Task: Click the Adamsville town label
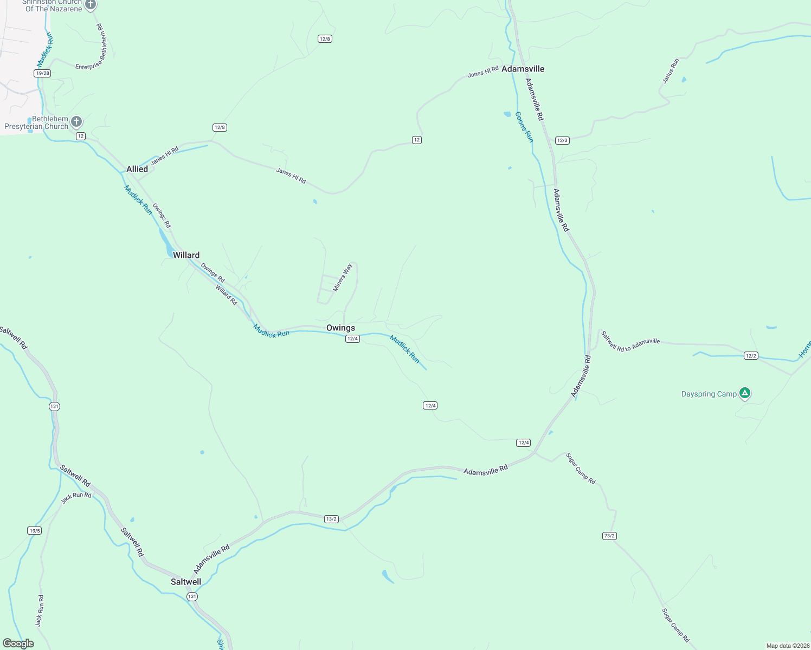(x=523, y=69)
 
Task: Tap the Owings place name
(x=340, y=328)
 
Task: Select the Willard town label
(x=186, y=255)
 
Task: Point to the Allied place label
(x=137, y=169)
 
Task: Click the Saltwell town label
(x=186, y=582)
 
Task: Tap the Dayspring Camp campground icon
(x=745, y=393)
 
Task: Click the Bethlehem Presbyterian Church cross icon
(x=76, y=121)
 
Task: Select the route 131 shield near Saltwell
(x=192, y=596)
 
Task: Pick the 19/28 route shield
(x=42, y=73)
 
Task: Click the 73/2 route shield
(x=609, y=536)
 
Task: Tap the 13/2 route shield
(x=332, y=519)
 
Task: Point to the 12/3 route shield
(x=562, y=140)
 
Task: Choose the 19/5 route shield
(x=35, y=530)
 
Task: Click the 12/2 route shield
(x=751, y=356)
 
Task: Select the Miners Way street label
(x=343, y=277)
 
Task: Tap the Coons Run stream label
(x=524, y=127)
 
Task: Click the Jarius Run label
(x=671, y=71)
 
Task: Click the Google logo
(x=18, y=643)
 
